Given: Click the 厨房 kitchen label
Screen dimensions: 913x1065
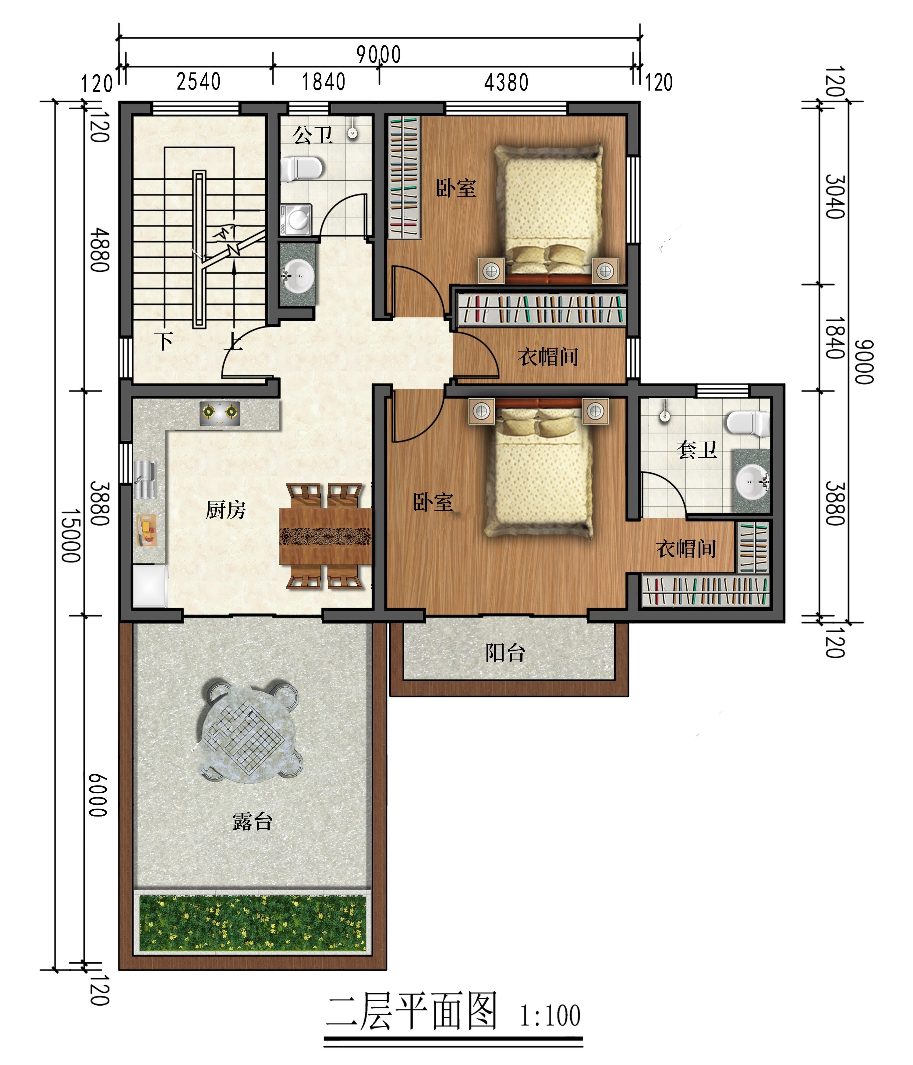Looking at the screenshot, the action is [226, 510].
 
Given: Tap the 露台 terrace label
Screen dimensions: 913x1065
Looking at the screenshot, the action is [252, 821].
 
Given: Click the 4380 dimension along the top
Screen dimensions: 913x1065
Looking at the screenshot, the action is [506, 82].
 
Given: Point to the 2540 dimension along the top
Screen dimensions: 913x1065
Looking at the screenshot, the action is [198, 81].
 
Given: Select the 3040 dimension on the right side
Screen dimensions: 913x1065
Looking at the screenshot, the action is [835, 197].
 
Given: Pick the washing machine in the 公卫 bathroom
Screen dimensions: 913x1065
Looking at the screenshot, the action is [296, 220].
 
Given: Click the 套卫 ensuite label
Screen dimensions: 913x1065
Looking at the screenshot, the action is [697, 450].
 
